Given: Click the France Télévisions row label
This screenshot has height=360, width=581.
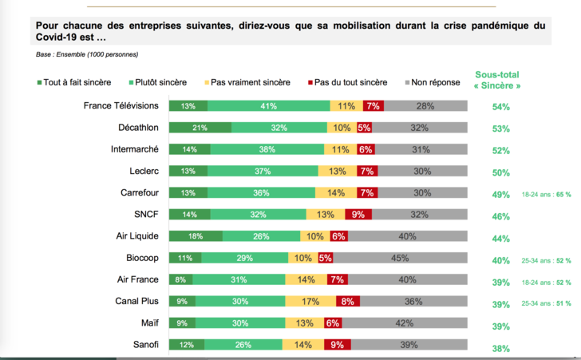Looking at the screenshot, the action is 121,105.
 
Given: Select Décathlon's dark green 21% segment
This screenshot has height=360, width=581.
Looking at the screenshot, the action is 200,128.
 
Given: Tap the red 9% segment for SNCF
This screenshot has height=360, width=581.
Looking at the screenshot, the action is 358,214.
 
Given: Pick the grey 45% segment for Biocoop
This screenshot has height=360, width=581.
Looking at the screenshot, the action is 400,258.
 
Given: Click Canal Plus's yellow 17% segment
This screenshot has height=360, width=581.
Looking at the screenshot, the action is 310,301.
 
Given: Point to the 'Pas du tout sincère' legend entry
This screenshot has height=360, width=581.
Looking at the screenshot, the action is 348,82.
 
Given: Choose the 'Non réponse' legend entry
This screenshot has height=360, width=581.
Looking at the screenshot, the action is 433,82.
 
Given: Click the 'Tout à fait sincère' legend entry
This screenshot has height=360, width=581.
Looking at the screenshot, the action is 74,82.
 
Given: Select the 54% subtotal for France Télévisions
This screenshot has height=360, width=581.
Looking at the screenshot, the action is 501,107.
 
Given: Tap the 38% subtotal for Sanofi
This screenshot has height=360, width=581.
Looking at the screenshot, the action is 501,349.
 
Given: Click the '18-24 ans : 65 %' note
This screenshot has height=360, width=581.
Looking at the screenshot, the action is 547,194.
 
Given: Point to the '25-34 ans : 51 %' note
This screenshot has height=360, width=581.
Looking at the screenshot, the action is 547,303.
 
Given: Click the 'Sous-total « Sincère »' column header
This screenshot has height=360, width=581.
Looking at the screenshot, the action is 497,80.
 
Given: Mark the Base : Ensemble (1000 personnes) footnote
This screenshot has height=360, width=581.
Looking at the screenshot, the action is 87,54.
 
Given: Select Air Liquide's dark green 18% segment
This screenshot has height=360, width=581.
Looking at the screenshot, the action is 196,236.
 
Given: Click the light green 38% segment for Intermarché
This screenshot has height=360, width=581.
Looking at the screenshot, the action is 267,149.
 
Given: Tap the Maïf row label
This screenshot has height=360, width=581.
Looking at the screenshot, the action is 150,323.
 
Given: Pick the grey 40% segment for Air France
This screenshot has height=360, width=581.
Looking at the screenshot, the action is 408,279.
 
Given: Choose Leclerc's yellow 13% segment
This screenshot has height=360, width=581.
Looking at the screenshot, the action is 338,171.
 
